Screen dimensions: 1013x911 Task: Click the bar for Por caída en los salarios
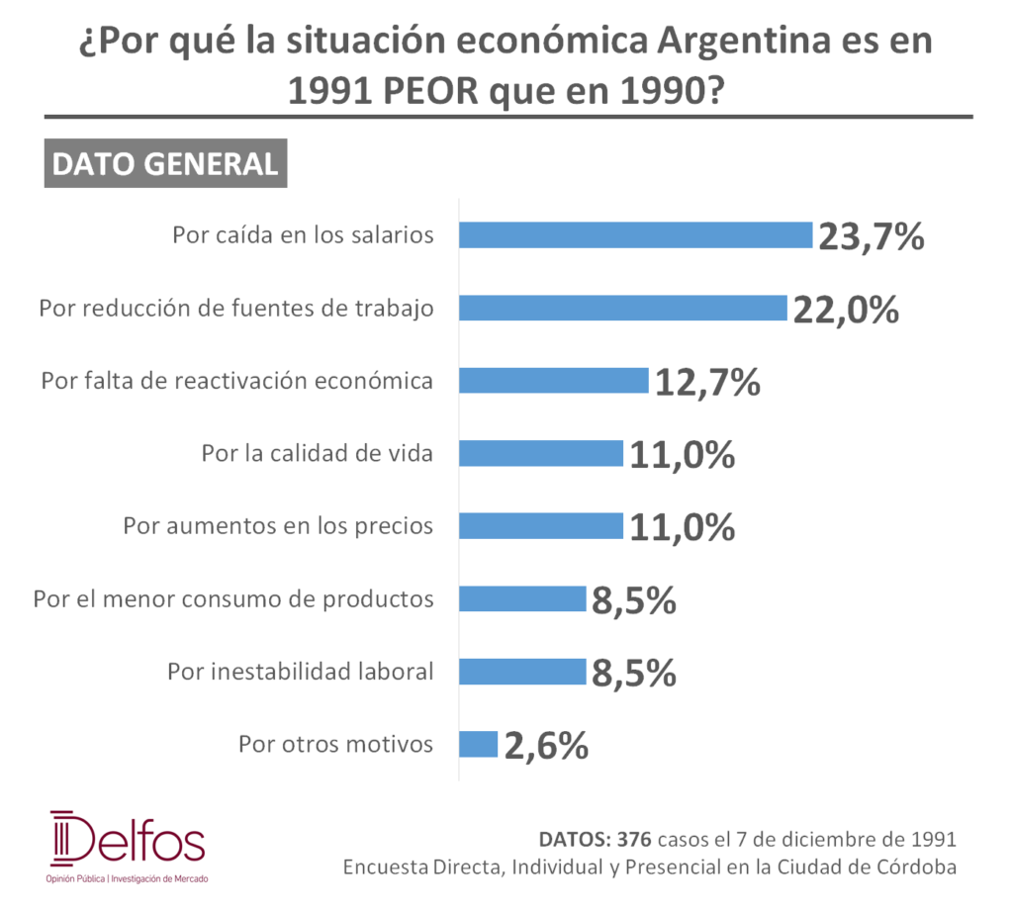636,235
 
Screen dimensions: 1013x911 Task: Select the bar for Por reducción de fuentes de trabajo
623,308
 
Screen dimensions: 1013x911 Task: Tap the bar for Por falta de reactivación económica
554,381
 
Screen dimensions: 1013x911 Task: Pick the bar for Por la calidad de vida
541,453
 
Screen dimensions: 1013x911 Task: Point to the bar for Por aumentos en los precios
541,526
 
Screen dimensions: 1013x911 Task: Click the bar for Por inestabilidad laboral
522,672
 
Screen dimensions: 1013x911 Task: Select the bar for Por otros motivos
479,744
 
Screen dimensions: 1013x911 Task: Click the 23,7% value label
872,236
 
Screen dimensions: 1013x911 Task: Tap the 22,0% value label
847,310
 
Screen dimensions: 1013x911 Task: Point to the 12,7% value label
707,382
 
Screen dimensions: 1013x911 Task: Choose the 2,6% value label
546,746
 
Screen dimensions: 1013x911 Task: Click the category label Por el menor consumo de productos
233,599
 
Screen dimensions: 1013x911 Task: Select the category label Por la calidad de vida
318,453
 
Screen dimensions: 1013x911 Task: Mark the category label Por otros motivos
336,744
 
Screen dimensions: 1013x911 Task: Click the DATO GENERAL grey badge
165,163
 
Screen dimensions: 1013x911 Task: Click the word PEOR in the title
431,90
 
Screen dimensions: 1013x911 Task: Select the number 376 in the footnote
634,839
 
